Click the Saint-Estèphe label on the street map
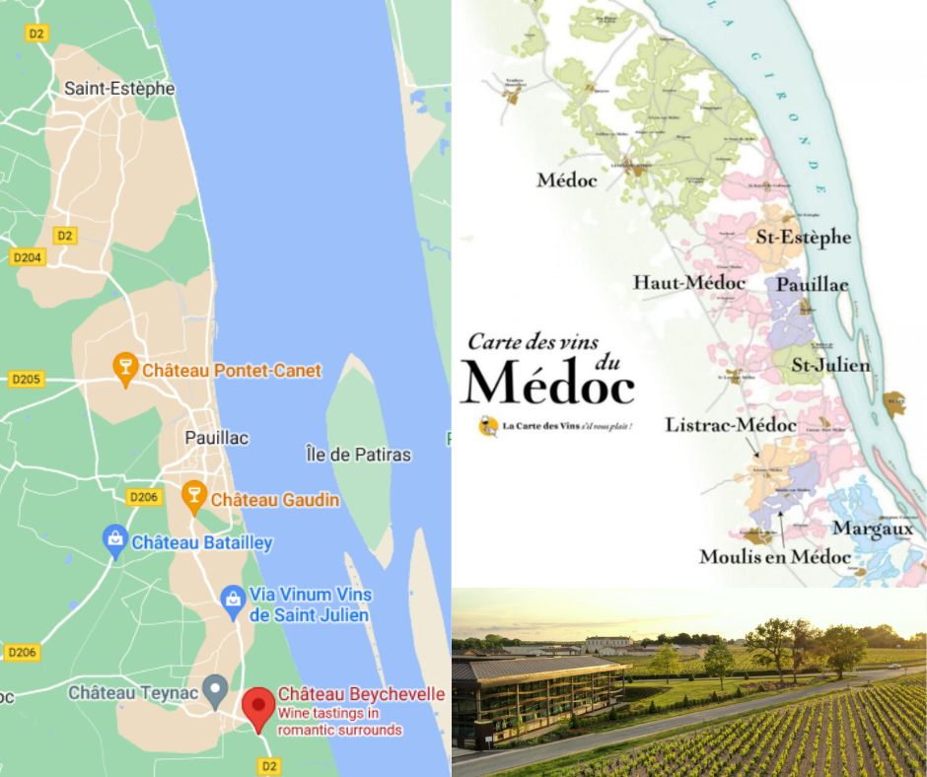pos(119,88)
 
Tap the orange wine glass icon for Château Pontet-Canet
pos(125,371)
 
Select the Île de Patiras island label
pos(358,455)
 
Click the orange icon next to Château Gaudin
pos(194,499)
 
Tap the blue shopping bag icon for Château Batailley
pos(115,541)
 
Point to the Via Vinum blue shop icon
pos(233,598)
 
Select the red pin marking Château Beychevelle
pos(258,709)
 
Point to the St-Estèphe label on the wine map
pos(803,238)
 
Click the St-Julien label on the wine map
pos(830,366)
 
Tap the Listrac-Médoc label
pos(731,426)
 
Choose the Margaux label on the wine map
pos(873,529)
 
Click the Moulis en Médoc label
pos(774,557)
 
